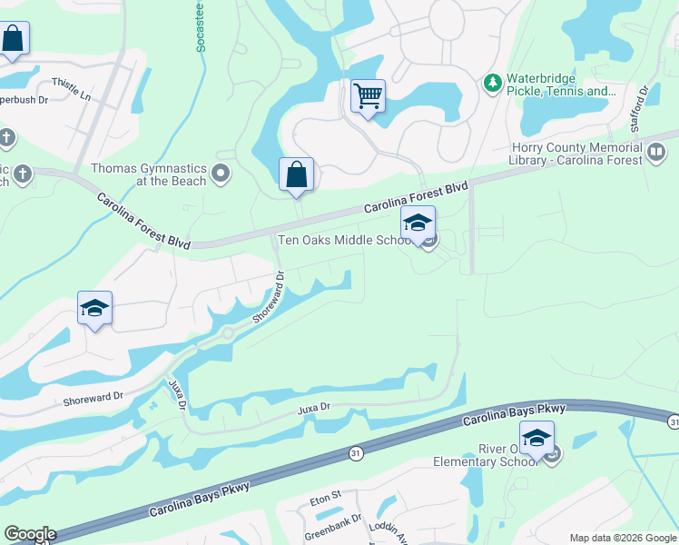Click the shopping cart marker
368,95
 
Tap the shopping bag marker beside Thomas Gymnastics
297,173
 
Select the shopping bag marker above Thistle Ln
13,39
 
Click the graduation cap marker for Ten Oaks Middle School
418,222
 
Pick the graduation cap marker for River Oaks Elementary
536,437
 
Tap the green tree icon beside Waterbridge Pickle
492,84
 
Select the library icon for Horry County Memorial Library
655,154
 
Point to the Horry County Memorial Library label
577,154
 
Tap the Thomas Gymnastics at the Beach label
149,173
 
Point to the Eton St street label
324,497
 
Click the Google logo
30,534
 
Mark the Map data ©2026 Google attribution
623,538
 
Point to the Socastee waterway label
201,27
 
